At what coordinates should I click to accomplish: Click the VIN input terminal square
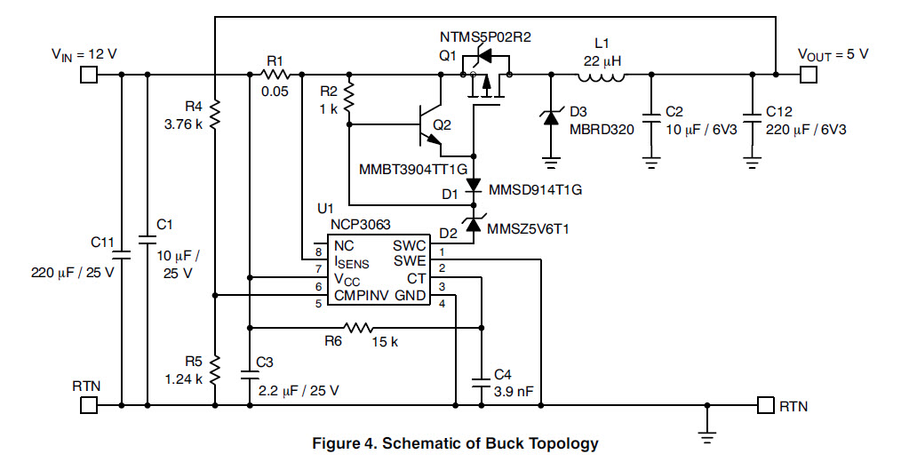(x=89, y=74)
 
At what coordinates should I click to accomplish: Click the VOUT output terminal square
(x=807, y=74)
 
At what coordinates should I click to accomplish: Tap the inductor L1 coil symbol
(x=602, y=74)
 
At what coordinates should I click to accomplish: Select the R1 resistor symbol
(x=275, y=74)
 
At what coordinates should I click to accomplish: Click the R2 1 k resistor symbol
(x=349, y=100)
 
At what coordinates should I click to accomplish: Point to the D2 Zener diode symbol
(x=472, y=228)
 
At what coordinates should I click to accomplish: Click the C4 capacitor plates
(x=481, y=385)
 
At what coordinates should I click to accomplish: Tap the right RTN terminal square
(x=765, y=405)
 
